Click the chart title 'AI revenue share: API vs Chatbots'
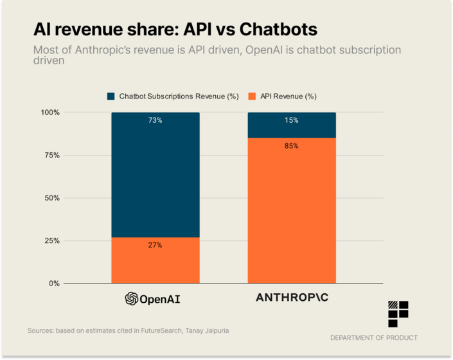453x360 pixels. click(x=175, y=30)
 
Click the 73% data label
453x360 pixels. click(x=155, y=121)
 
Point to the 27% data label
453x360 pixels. click(x=155, y=245)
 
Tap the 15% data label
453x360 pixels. click(x=292, y=121)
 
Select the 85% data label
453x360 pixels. click(x=292, y=146)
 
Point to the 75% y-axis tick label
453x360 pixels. click(x=52, y=156)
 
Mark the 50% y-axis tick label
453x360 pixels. click(x=52, y=198)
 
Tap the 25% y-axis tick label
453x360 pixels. click(x=52, y=240)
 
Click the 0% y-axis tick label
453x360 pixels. click(x=54, y=283)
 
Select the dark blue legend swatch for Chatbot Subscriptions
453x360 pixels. click(x=111, y=96)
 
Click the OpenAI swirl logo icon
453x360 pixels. click(x=131, y=298)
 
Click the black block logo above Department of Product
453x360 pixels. click(x=398, y=314)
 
